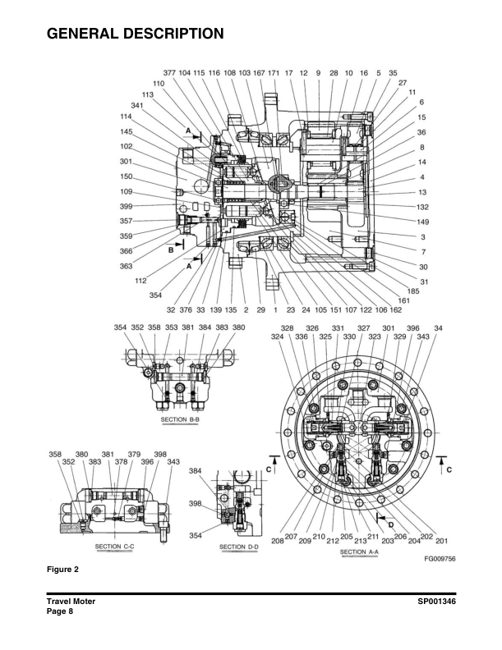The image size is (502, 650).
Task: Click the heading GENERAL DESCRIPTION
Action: coord(136,34)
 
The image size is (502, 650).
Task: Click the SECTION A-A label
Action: coord(359,552)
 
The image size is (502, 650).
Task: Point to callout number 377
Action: coord(169,73)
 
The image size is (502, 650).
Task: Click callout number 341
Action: coord(138,106)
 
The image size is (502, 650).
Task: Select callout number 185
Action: coord(413,291)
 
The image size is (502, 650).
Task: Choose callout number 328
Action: coord(288,327)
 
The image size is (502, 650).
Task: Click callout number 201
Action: coord(441,541)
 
